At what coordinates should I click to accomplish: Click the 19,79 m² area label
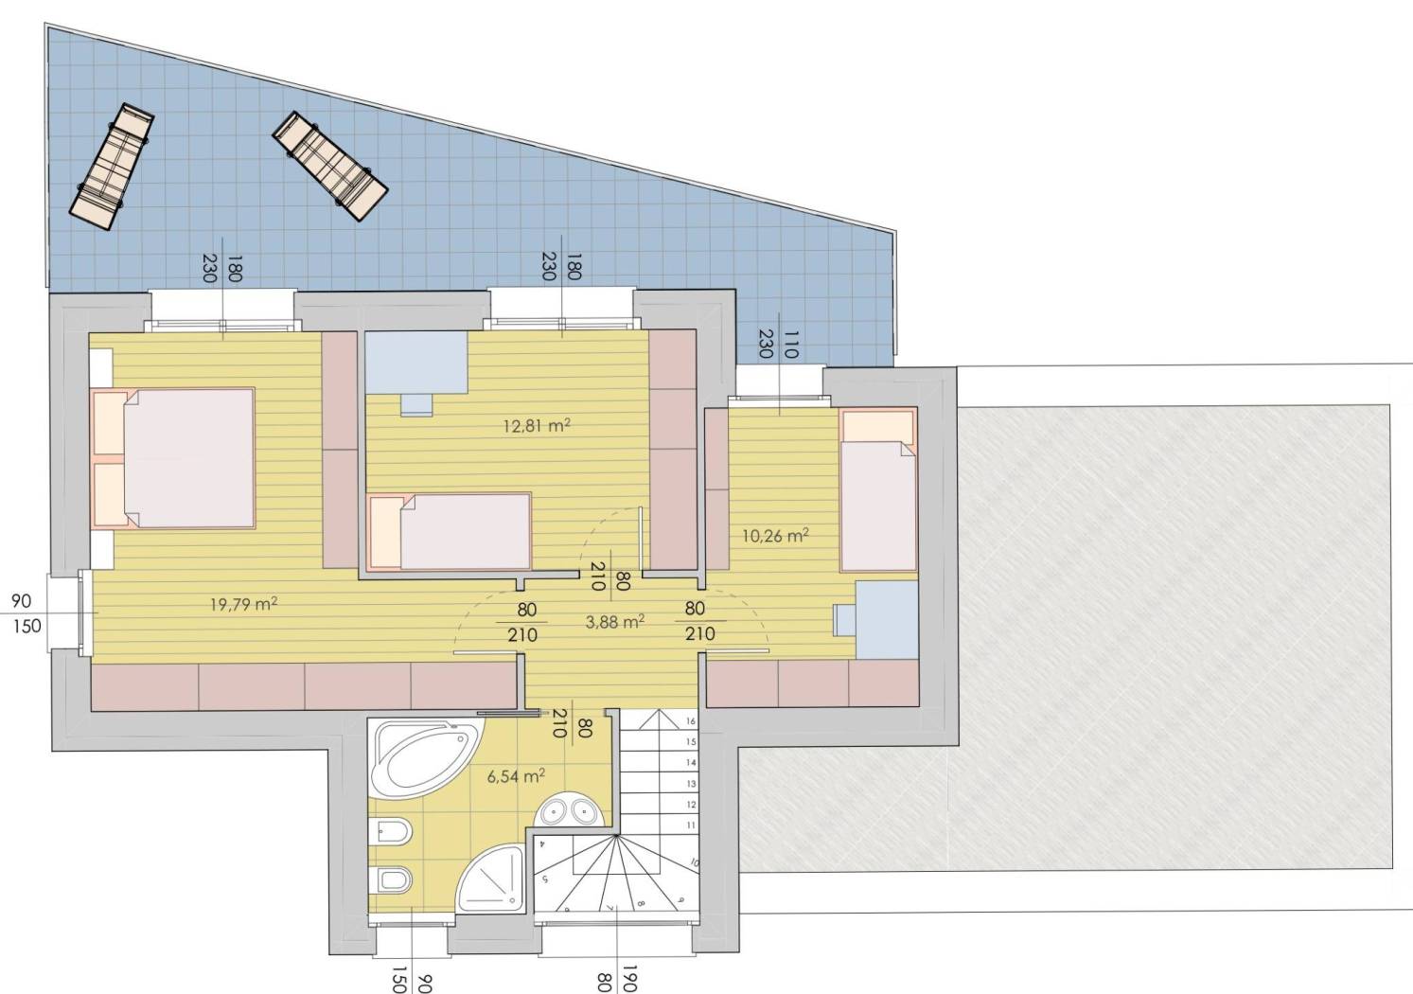click(x=244, y=604)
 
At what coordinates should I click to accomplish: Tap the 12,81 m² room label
click(x=537, y=425)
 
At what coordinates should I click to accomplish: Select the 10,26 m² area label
click(x=775, y=536)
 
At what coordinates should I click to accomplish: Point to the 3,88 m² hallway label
click(x=615, y=622)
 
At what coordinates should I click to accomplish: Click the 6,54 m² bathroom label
click(x=516, y=775)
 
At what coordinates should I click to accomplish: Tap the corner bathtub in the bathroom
click(x=426, y=759)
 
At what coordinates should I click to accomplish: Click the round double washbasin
click(x=569, y=810)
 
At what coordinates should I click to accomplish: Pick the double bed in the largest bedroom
click(x=173, y=458)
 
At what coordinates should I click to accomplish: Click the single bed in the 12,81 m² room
click(x=450, y=531)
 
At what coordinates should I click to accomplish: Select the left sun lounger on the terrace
click(x=113, y=167)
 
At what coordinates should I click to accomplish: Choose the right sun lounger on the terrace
click(x=330, y=167)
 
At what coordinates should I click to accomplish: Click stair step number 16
click(x=691, y=720)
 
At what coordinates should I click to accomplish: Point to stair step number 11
click(x=691, y=825)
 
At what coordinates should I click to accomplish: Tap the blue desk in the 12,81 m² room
click(x=416, y=372)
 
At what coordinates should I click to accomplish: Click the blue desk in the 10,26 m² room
click(x=876, y=620)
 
